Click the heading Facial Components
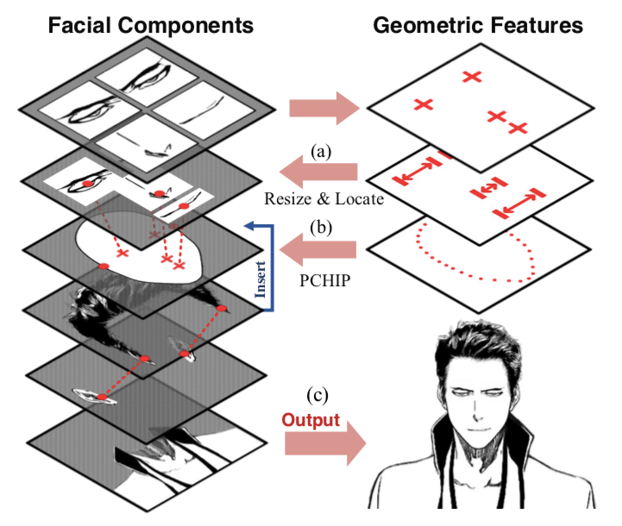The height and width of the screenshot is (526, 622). pos(151,25)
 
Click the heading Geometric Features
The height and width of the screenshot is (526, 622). pos(478,25)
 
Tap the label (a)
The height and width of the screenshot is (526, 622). pos(321,152)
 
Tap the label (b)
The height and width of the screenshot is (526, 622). pos(321,228)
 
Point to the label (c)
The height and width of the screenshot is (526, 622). pos(317,395)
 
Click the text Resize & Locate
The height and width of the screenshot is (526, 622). pos(324,198)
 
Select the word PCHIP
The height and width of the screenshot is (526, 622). pos(325,280)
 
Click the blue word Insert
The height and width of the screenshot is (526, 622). pos(261,279)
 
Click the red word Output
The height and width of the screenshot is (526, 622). pos(311,420)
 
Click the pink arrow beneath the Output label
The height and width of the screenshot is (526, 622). pos(325,443)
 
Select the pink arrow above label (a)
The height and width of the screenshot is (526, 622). pos(324,108)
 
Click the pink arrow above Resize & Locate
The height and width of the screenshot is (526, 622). pos(318,172)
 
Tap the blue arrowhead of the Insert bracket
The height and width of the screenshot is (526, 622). pos(251,226)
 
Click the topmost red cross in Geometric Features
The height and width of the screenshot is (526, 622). pos(472,76)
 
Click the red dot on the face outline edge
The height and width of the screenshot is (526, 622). pos(104,266)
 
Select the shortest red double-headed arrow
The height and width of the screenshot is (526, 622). pos(488,188)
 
